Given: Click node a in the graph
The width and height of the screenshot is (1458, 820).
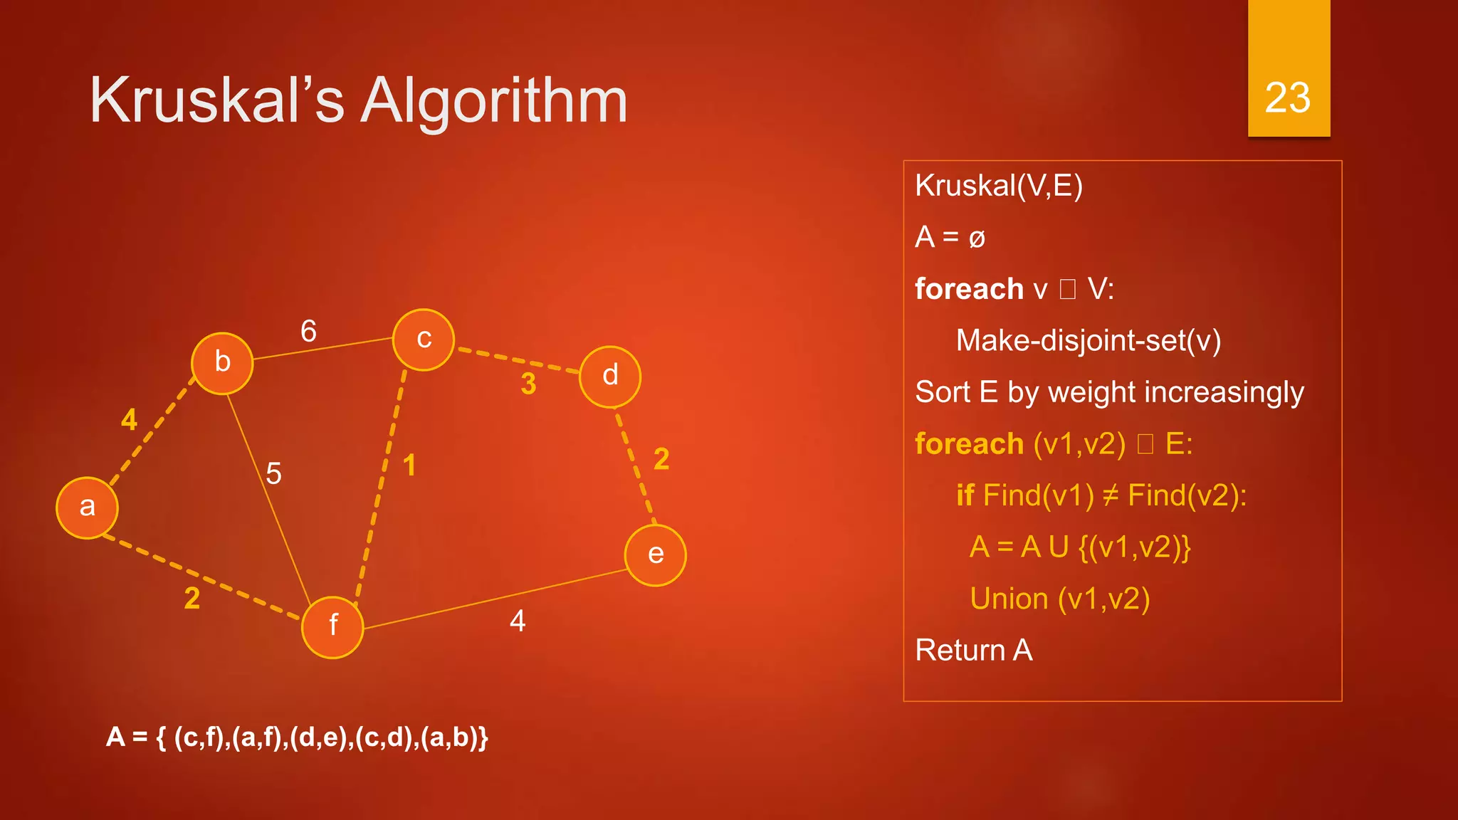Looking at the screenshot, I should click(x=87, y=508).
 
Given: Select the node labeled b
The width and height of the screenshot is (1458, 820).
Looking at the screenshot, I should click(x=222, y=363).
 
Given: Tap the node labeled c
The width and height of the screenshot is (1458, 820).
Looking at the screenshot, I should click(x=424, y=340).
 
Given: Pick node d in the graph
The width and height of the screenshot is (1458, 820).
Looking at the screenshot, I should click(x=610, y=377).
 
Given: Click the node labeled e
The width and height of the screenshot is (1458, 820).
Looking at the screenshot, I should click(x=656, y=555).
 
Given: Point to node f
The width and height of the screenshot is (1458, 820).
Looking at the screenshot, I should click(x=332, y=627).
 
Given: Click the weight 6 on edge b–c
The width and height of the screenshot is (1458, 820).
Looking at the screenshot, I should click(x=308, y=331).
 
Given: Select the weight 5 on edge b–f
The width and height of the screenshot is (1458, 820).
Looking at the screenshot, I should click(x=273, y=473).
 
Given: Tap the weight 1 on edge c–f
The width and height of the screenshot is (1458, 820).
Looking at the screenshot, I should click(x=409, y=466).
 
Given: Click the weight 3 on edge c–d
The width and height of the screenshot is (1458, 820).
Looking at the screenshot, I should click(x=528, y=384).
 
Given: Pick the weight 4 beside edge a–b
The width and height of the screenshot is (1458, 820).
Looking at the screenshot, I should click(x=129, y=420).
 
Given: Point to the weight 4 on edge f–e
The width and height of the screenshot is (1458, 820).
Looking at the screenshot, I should click(x=518, y=621).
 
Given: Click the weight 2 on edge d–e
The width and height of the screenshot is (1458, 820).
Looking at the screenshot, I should click(x=661, y=459).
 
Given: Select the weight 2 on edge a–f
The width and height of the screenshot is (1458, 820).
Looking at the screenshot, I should click(x=192, y=599).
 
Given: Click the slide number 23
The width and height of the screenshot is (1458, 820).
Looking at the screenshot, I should click(x=1288, y=98).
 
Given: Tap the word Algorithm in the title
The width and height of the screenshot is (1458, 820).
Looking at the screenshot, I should click(x=494, y=101).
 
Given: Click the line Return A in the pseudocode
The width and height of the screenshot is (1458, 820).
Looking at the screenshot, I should click(x=973, y=650).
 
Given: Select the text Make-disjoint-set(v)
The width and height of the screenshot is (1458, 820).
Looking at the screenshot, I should click(x=1088, y=340).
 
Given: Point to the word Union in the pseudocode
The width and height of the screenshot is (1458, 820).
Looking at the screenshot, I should click(x=1008, y=599).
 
